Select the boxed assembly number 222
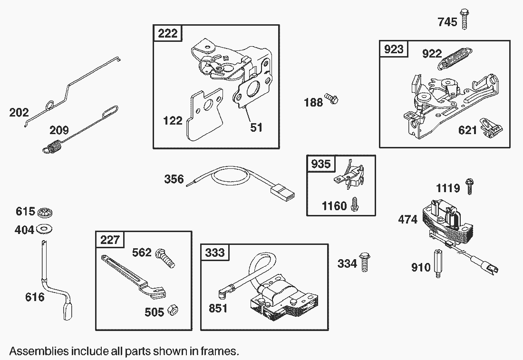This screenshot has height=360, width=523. click(167, 33)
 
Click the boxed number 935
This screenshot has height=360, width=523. click(320, 165)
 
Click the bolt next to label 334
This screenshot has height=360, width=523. click(365, 262)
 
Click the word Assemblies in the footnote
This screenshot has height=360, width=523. click(39, 352)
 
